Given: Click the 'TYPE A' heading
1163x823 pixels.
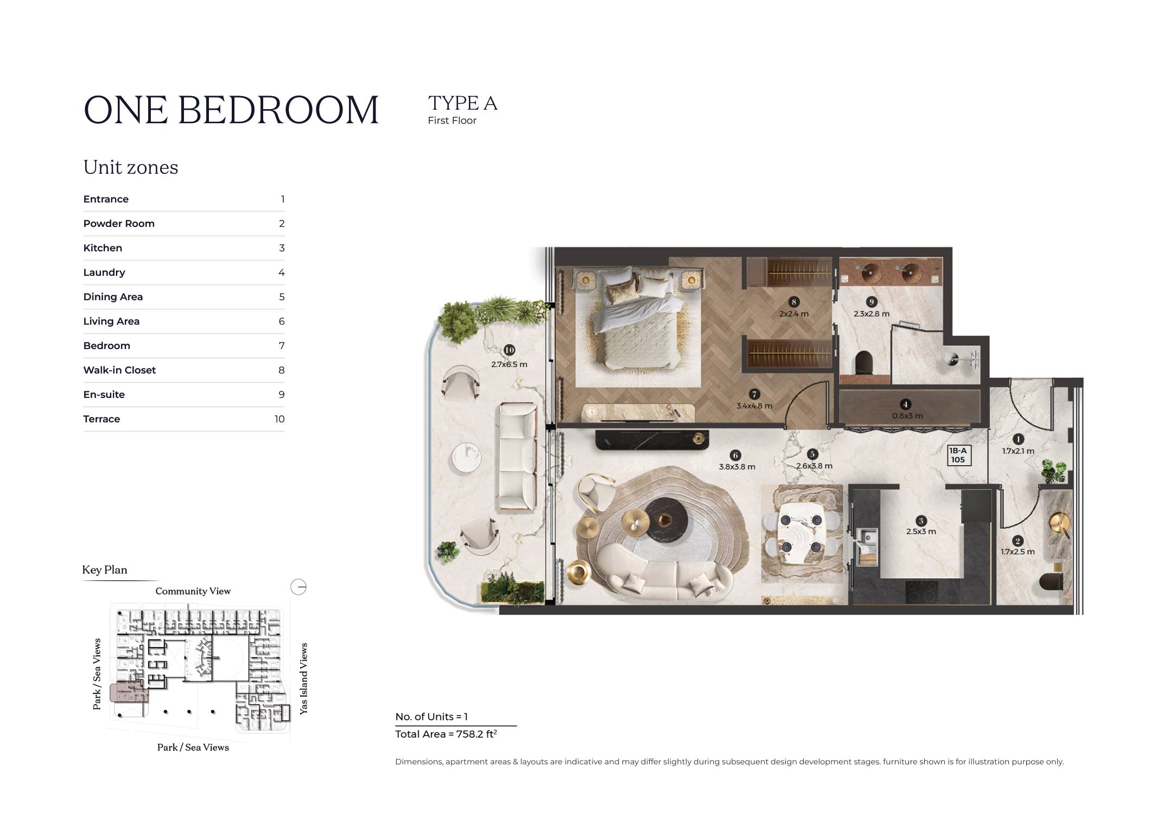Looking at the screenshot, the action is click(x=462, y=103).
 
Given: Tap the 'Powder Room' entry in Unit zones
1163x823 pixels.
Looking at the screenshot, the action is click(x=119, y=224).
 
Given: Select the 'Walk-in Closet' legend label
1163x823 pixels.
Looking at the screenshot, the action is click(x=119, y=370).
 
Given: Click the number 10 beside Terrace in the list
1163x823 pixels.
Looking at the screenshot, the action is click(x=279, y=419).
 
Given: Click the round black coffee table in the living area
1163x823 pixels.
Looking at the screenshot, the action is click(x=667, y=521).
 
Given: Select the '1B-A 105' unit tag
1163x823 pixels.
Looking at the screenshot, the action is click(x=958, y=455).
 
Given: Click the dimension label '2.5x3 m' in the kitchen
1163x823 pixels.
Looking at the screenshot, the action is click(x=921, y=531).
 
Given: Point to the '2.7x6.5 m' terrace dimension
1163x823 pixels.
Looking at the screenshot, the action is click(x=509, y=364).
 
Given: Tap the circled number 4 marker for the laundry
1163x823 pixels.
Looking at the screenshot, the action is click(x=905, y=404).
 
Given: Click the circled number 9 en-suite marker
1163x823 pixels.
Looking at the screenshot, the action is click(x=872, y=302).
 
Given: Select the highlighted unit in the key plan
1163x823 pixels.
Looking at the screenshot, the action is click(x=129, y=693).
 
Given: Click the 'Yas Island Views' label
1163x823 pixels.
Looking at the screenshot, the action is click(x=303, y=679).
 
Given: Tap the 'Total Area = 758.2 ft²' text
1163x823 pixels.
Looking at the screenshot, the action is click(x=446, y=734).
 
